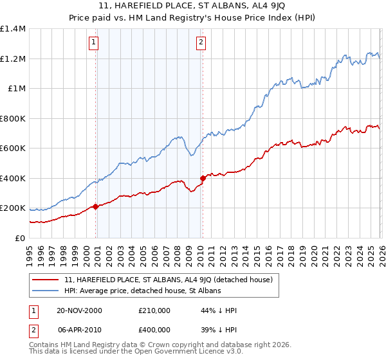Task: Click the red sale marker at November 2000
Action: click(96, 206)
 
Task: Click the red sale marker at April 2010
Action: click(203, 178)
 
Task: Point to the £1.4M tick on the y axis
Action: click(13, 29)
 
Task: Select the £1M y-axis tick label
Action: click(16, 89)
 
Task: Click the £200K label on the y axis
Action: click(13, 208)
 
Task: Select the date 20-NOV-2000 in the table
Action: click(79, 310)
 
